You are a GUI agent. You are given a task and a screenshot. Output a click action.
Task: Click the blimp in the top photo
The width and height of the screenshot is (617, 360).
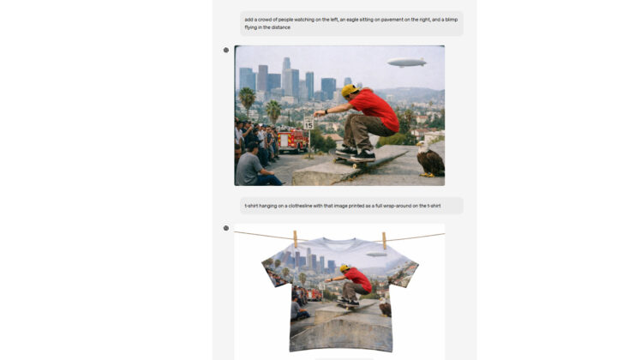tap(406, 63)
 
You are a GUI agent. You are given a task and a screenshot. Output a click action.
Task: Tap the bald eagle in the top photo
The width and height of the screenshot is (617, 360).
tap(429, 159)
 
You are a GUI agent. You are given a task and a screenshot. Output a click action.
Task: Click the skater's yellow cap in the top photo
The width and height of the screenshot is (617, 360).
tap(349, 91)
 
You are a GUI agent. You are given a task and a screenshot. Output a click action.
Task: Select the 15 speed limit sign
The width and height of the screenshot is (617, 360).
tap(308, 123)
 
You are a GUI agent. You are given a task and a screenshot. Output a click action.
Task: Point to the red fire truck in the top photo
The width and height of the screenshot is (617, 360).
tap(293, 141)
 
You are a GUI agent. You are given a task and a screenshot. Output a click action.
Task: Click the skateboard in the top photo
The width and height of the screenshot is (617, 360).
tap(354, 160)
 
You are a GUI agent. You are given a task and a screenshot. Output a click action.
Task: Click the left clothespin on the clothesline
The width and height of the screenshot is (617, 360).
tap(295, 239)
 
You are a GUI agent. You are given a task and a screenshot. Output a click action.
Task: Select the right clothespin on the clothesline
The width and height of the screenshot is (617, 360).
tap(385, 240)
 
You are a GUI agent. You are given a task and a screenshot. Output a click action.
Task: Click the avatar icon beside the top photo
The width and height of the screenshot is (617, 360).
tap(226, 50)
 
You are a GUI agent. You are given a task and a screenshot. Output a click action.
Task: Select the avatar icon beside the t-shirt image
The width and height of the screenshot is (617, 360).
tap(226, 228)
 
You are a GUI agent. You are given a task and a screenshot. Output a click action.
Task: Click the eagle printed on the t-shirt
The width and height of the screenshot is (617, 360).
tap(386, 307)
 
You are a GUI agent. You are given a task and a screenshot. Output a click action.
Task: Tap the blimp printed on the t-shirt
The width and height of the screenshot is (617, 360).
tap(376, 255)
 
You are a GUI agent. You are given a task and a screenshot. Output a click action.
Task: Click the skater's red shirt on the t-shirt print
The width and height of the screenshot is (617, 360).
tap(359, 279)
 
